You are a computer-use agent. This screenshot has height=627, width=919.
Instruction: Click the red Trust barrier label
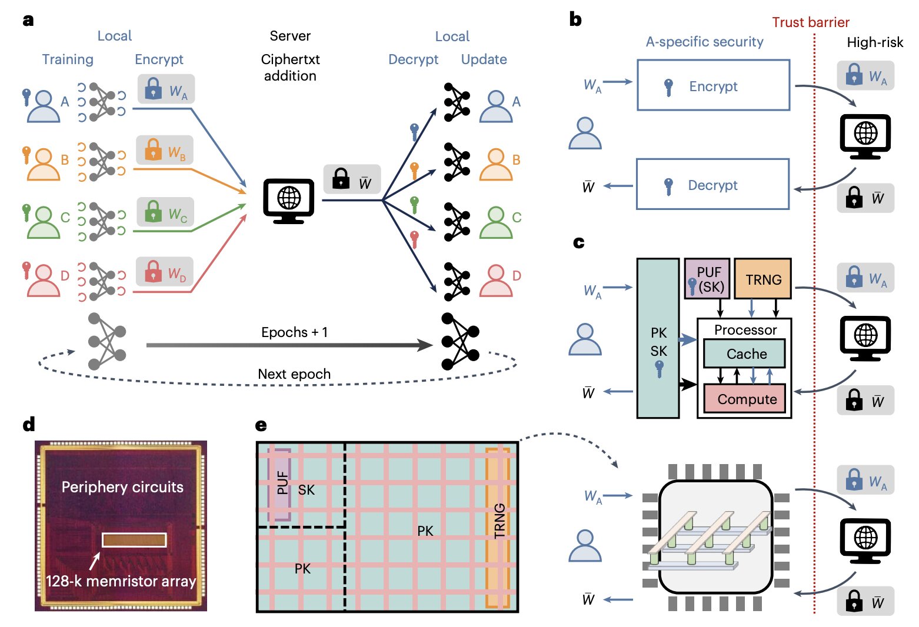(x=810, y=22)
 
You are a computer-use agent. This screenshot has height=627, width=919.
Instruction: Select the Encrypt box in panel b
(x=713, y=85)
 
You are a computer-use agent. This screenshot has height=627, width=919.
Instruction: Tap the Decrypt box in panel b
(x=712, y=184)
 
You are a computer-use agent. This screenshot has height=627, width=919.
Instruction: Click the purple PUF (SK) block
(x=707, y=278)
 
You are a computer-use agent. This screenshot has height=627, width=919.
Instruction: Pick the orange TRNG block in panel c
(x=763, y=279)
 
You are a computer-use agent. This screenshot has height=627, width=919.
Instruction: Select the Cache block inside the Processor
(x=745, y=353)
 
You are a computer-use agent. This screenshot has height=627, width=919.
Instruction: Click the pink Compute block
(x=745, y=399)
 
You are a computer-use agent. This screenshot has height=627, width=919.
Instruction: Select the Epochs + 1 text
(x=294, y=332)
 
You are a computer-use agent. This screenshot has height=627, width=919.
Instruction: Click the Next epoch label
(x=294, y=374)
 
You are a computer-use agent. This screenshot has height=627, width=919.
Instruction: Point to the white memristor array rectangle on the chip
(x=134, y=539)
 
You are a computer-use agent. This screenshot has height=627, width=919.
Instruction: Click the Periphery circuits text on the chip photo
(x=122, y=487)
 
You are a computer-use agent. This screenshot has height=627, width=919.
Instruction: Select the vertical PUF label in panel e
(x=282, y=482)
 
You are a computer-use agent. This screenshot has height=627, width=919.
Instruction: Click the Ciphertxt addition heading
(x=290, y=68)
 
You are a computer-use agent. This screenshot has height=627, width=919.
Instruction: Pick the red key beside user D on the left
(x=26, y=270)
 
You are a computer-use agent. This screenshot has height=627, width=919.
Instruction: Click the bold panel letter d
(x=29, y=424)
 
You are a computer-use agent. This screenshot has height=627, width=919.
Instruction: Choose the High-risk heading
(x=874, y=42)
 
